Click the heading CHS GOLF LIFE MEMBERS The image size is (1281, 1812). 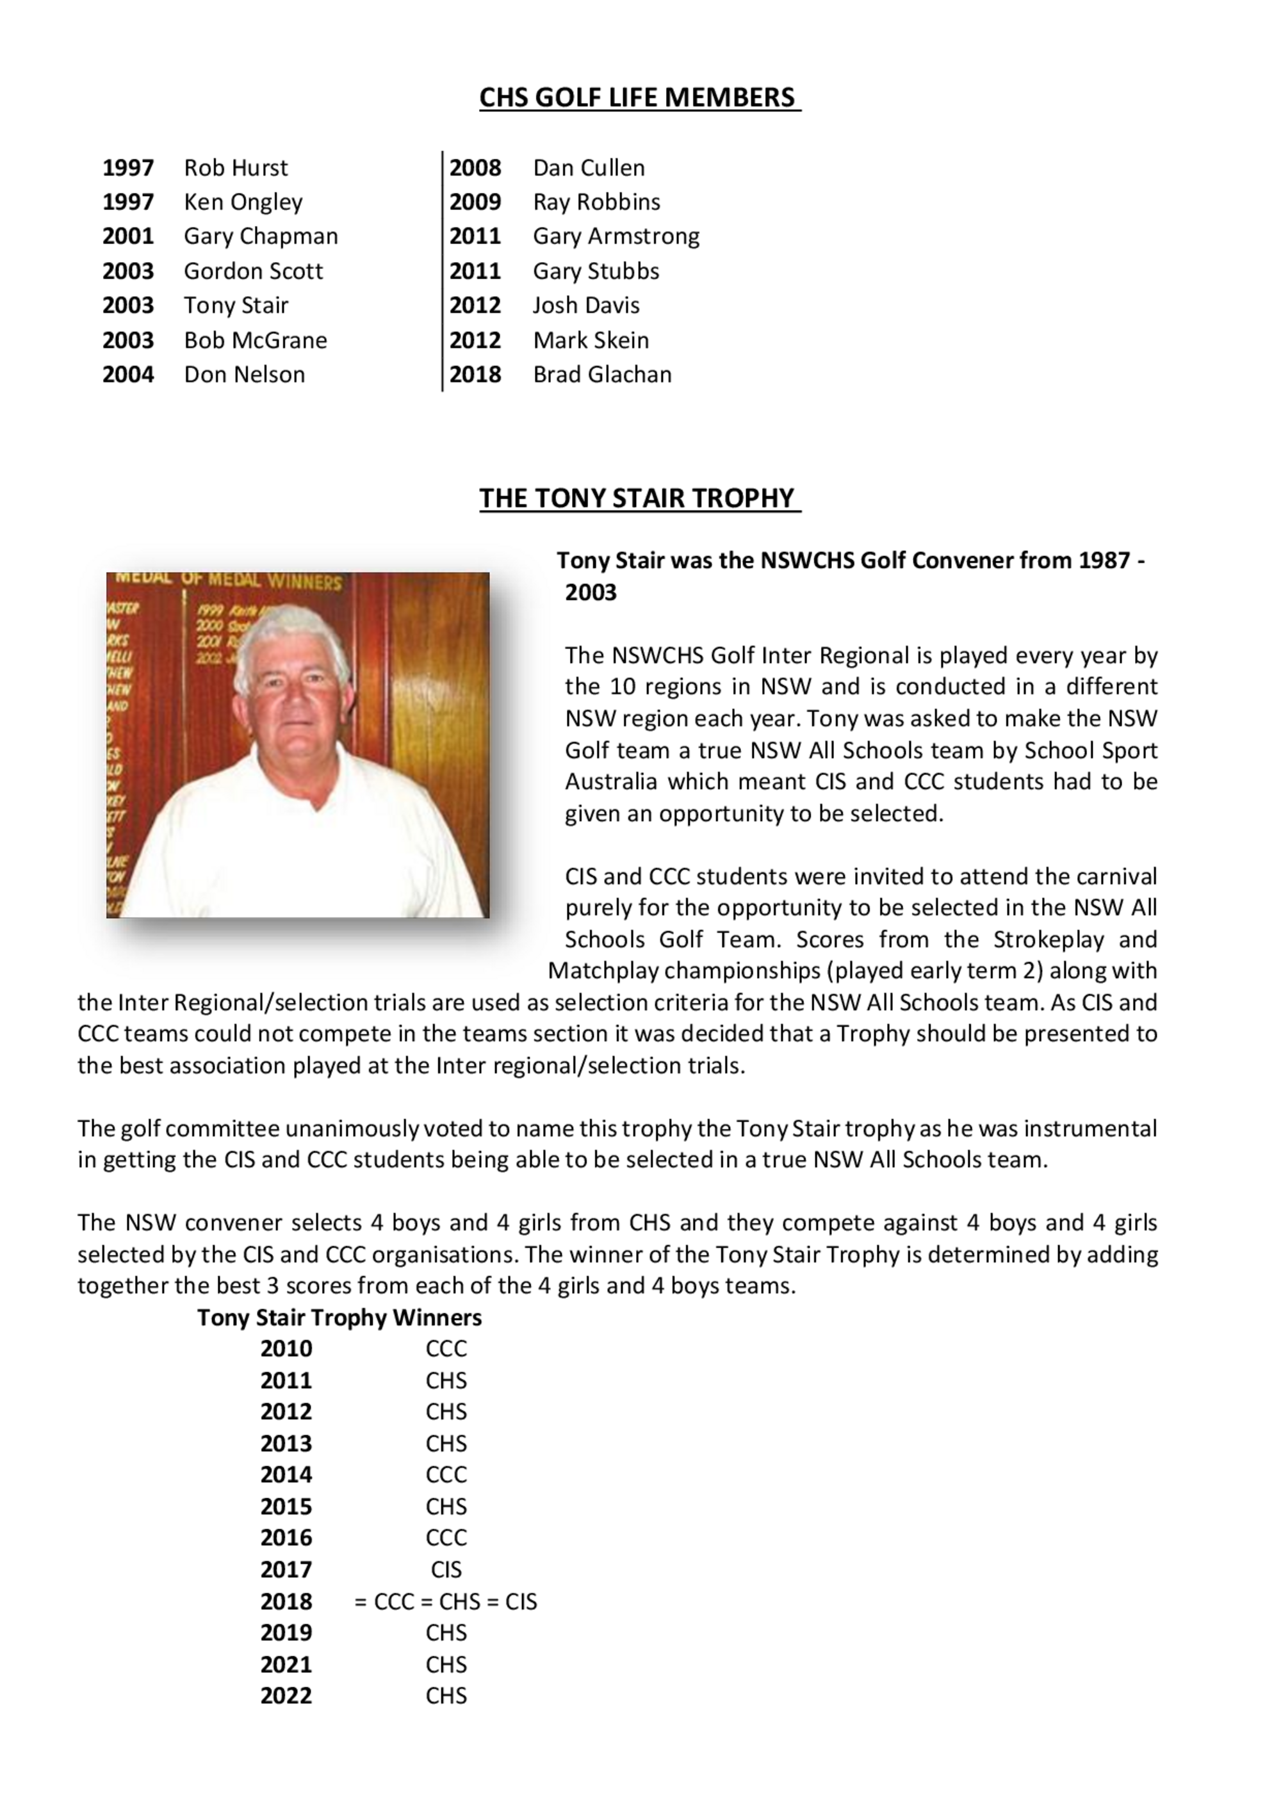coord(639,97)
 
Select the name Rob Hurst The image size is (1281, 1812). coord(235,167)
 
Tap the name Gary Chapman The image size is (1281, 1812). coord(261,236)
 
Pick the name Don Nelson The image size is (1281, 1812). coord(244,374)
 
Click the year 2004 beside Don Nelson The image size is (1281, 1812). coord(128,374)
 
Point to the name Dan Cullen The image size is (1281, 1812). coord(589,167)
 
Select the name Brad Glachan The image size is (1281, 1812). coord(602,374)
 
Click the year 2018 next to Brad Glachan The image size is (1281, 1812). coord(475,374)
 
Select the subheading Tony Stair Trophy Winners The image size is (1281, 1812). coord(339,1317)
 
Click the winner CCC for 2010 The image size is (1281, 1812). coord(446,1349)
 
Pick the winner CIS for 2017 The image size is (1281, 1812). coord(446,1569)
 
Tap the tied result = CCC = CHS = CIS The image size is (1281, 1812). coord(446,1601)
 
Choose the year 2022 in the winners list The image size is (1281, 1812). coord(286,1696)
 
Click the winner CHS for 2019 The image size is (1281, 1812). coord(446,1632)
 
